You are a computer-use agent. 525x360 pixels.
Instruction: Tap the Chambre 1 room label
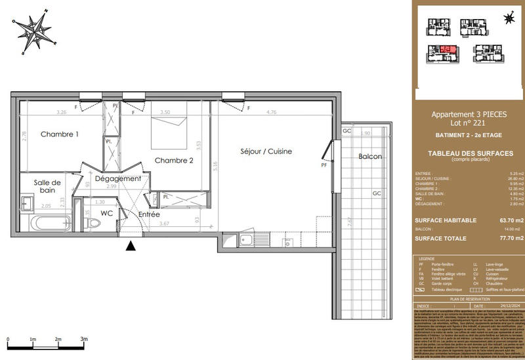tap(60, 134)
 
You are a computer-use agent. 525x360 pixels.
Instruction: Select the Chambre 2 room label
tap(174, 160)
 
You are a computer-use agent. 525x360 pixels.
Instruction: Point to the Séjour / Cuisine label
tap(265, 151)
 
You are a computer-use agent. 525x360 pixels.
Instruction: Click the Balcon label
tap(370, 157)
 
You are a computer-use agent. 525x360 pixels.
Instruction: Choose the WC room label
tap(106, 212)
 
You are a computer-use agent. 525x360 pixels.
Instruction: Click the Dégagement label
tap(118, 178)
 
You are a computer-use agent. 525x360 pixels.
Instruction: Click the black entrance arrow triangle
tap(131, 246)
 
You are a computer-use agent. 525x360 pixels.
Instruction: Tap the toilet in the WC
tap(94, 223)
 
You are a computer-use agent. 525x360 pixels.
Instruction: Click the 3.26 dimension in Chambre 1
tap(62, 112)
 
